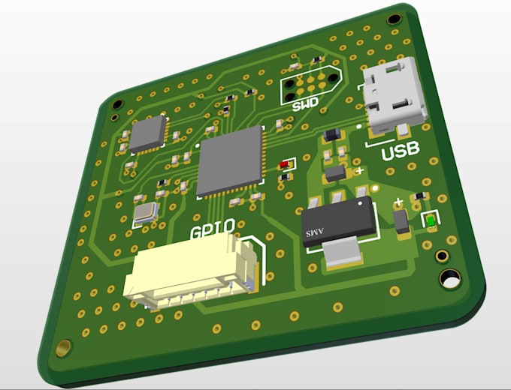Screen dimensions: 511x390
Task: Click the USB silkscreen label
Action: (401, 151)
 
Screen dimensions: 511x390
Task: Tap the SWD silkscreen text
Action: (305, 104)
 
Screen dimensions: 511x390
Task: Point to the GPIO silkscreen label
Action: (213, 229)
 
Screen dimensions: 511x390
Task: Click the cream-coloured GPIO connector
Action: (190, 271)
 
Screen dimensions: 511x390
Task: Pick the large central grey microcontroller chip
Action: (231, 161)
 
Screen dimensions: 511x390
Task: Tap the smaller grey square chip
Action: (148, 133)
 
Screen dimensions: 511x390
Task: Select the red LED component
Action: (285, 164)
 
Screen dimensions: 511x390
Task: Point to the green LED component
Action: (431, 221)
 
